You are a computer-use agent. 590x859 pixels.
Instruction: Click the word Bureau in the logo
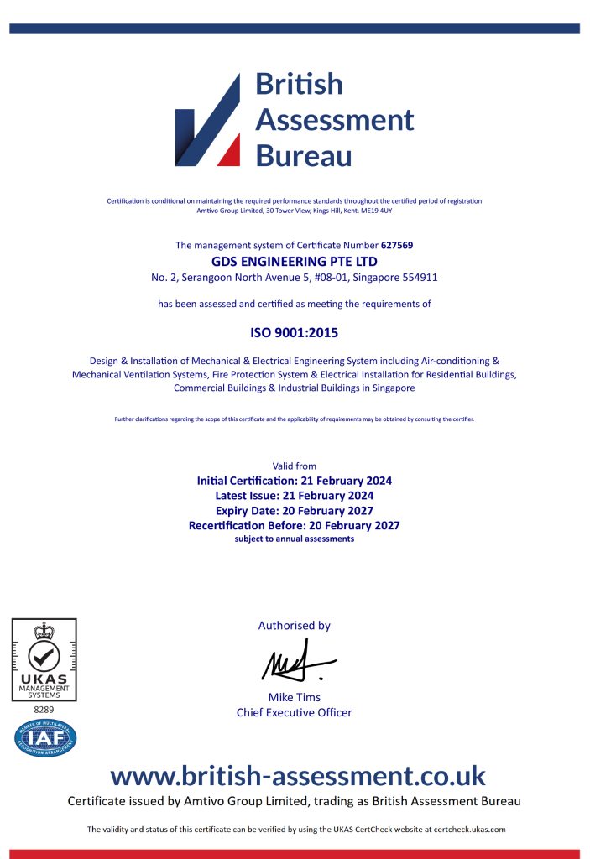point(303,156)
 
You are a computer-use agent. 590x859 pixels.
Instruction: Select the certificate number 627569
point(397,246)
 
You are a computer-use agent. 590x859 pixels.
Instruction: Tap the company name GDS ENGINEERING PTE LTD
point(294,261)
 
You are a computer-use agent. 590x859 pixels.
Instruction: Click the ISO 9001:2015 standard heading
point(294,333)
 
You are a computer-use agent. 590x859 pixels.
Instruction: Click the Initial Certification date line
point(294,481)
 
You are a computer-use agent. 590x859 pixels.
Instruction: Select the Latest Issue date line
point(294,496)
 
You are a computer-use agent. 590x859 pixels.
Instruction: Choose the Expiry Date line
point(294,510)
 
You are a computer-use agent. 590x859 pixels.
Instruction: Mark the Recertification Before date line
point(294,525)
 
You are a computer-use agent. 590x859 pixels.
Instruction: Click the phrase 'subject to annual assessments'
point(294,539)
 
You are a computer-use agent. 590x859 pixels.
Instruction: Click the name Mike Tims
point(294,697)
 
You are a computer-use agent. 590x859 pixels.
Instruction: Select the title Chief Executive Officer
point(294,713)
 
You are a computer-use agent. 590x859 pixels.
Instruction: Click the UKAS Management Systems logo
point(44,659)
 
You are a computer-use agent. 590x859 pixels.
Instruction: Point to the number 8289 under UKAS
point(44,710)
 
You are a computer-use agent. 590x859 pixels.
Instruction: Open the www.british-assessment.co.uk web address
point(298,774)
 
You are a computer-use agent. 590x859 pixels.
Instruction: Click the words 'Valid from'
point(294,466)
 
